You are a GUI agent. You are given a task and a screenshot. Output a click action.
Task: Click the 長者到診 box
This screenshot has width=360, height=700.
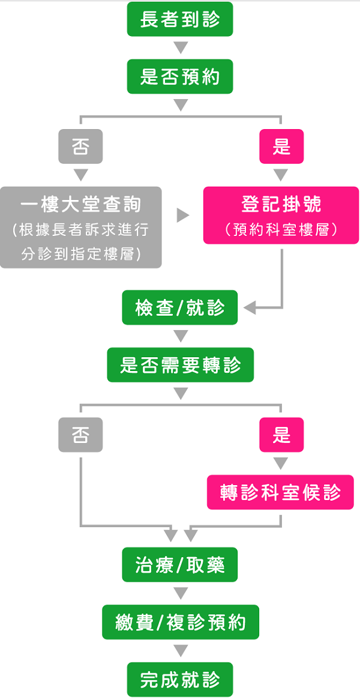click(x=180, y=20)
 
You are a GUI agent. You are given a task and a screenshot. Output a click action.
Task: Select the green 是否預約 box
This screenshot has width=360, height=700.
click(x=180, y=77)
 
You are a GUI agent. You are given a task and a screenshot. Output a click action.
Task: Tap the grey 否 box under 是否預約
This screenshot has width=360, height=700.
click(x=80, y=146)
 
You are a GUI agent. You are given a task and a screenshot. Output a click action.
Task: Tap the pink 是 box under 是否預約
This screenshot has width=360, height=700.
click(x=281, y=146)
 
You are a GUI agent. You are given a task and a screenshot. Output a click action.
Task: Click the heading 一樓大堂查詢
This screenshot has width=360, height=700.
click(x=81, y=205)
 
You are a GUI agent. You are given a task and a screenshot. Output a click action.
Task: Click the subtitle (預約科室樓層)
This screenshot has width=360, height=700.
click(x=281, y=229)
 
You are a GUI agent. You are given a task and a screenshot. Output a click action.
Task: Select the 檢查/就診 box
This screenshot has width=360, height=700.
click(x=180, y=308)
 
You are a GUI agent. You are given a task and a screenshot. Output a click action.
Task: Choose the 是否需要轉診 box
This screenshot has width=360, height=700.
click(x=180, y=365)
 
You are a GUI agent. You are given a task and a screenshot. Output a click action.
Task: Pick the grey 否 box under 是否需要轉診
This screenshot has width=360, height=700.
click(x=80, y=435)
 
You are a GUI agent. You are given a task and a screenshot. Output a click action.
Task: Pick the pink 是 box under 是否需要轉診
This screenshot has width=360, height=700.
click(x=281, y=435)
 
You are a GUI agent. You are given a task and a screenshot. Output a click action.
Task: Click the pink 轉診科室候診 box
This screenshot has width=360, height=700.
click(x=280, y=493)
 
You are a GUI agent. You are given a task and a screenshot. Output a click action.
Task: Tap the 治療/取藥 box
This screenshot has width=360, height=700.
click(x=180, y=564)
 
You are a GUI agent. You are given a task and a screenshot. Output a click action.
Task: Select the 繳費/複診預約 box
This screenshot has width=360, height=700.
click(x=180, y=622)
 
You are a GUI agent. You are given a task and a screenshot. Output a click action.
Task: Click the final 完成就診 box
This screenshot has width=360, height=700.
click(x=180, y=680)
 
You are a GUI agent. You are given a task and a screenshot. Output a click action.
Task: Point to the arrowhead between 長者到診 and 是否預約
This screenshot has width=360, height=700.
click(x=180, y=48)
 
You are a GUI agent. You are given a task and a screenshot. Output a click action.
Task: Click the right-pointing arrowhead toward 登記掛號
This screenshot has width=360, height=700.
click(x=183, y=216)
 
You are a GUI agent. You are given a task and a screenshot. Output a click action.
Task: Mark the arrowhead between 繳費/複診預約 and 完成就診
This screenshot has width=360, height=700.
click(x=180, y=651)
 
